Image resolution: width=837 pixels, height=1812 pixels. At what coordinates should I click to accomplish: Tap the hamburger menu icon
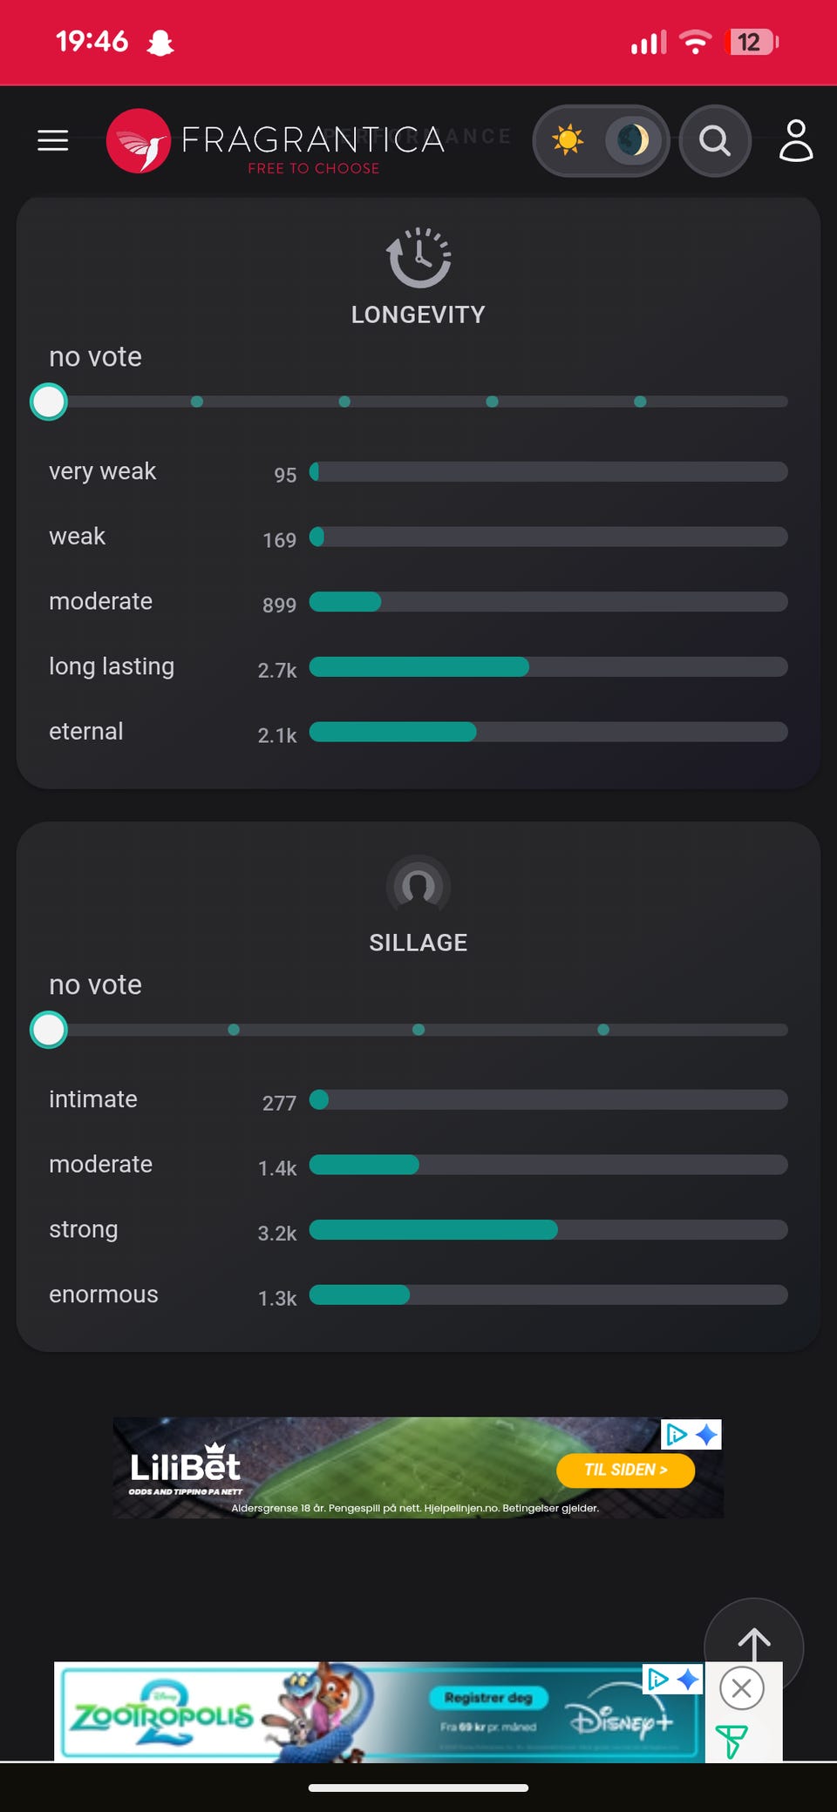pyautogui.click(x=53, y=140)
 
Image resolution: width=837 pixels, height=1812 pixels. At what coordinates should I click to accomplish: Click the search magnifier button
pyautogui.click(x=715, y=140)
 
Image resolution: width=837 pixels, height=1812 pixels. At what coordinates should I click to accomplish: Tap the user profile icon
pyautogui.click(x=795, y=140)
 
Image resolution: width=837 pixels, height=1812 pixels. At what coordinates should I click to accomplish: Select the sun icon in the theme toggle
pyautogui.click(x=568, y=140)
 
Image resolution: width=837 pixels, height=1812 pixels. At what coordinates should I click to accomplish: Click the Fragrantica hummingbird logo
pyautogui.click(x=139, y=141)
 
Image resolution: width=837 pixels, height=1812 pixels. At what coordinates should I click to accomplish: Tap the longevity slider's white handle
pyautogui.click(x=49, y=402)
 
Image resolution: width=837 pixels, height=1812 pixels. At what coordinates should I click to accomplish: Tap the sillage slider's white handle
pyautogui.click(x=49, y=1030)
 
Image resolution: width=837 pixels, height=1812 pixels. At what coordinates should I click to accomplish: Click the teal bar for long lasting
pyautogui.click(x=418, y=667)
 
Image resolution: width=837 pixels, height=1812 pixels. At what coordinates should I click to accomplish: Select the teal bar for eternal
pyautogui.click(x=392, y=732)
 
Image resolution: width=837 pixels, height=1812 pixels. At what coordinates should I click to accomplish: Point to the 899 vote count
pyautogui.click(x=279, y=605)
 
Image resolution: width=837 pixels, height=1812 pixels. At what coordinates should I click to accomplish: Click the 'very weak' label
pyautogui.click(x=102, y=471)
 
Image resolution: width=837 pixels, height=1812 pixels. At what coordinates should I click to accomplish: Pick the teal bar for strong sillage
pyautogui.click(x=433, y=1230)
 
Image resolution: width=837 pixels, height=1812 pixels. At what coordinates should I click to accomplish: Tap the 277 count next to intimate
pyautogui.click(x=279, y=1104)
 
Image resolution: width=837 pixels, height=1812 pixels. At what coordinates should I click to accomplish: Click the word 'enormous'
pyautogui.click(x=104, y=1295)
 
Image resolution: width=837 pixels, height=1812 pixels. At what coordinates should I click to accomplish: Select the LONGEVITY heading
pyautogui.click(x=418, y=314)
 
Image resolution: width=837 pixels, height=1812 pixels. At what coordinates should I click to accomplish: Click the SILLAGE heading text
pyautogui.click(x=418, y=943)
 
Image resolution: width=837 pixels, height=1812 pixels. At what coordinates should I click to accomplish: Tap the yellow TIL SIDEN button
pyautogui.click(x=625, y=1471)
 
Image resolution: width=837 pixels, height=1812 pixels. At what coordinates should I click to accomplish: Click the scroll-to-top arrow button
pyautogui.click(x=753, y=1643)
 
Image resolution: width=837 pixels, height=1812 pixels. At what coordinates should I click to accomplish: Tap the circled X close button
pyautogui.click(x=742, y=1688)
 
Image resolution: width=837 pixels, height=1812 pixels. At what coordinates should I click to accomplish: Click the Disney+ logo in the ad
pyautogui.click(x=621, y=1721)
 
